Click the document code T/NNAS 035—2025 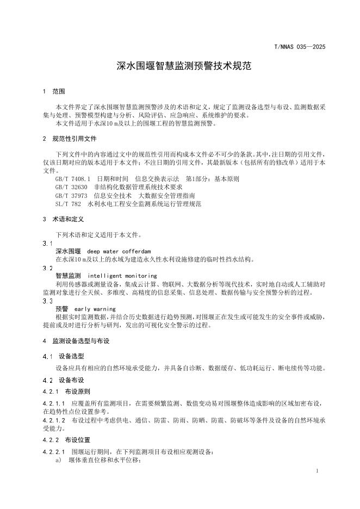tap(299, 47)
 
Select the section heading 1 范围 tap(54, 91)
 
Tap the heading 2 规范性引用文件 tap(70, 139)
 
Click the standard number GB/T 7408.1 tap(72, 178)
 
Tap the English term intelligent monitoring tap(122, 276)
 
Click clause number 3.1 tap(47, 244)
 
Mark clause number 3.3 tap(47, 301)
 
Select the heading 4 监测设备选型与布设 tap(76, 341)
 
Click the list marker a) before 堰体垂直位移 tap(58, 461)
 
